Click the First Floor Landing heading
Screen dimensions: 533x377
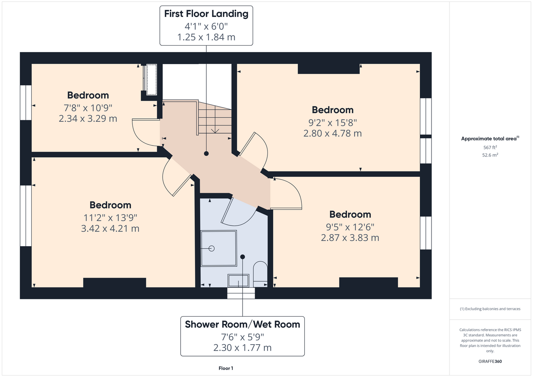tap(206, 14)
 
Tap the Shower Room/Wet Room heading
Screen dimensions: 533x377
tap(243, 325)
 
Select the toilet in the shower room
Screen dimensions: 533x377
tap(260, 274)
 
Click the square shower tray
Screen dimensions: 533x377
tap(219, 248)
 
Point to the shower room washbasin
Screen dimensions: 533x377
tap(238, 280)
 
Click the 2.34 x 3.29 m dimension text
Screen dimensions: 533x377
tap(88, 118)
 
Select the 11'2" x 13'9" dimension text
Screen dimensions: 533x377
tap(110, 218)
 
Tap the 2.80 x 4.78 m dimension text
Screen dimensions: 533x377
tap(332, 133)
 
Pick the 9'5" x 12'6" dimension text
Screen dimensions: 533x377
tap(350, 227)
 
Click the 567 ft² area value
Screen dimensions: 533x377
tap(490, 147)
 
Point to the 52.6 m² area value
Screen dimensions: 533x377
tap(490, 155)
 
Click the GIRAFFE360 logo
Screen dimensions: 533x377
tap(490, 361)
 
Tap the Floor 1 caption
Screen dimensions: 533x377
tap(226, 368)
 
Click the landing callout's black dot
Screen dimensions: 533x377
tap(206, 154)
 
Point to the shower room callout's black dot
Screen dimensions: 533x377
tap(243, 257)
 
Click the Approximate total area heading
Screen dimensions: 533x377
tap(490, 138)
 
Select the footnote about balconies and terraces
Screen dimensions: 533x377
tap(490, 309)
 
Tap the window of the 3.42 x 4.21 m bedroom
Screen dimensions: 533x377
tap(26, 216)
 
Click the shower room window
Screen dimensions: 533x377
tap(241, 293)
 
